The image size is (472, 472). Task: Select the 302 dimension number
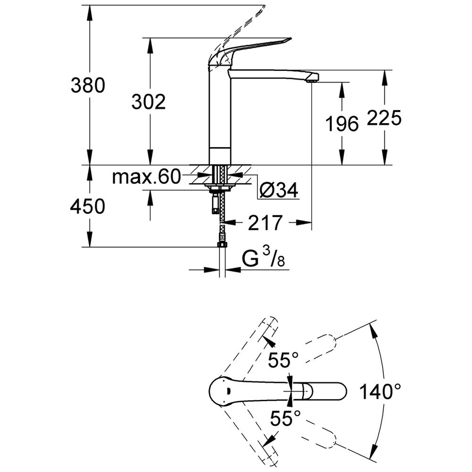(x=149, y=102)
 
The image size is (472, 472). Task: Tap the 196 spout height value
(x=342, y=123)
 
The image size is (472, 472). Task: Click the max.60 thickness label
(x=146, y=177)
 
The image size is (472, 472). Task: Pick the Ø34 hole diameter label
(x=279, y=190)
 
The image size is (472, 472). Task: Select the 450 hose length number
(x=88, y=207)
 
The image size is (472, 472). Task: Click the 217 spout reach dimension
(x=265, y=222)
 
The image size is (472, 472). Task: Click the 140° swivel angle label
(x=380, y=391)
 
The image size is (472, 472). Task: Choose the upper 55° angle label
(x=283, y=360)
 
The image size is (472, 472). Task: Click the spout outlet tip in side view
(x=312, y=79)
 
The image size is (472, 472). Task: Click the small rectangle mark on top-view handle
(x=228, y=391)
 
